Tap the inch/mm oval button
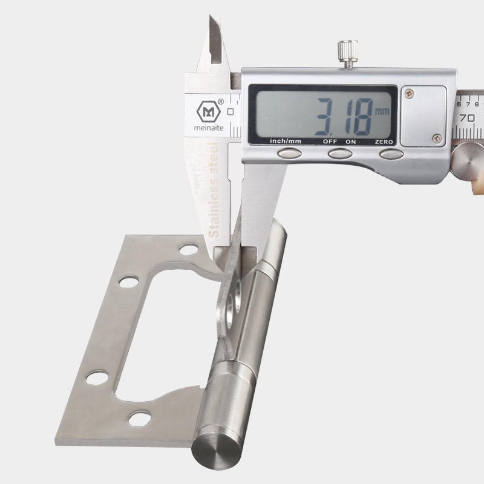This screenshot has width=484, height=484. (289, 153)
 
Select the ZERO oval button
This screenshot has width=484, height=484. (391, 154)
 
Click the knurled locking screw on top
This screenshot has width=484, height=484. (347, 51)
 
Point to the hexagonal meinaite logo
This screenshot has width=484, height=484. (209, 111)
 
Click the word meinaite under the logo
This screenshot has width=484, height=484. (209, 128)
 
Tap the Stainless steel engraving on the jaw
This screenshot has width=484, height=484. (214, 190)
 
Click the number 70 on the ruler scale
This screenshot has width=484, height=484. (467, 117)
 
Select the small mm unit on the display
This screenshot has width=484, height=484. (382, 111)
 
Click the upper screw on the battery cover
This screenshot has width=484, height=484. (410, 93)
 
